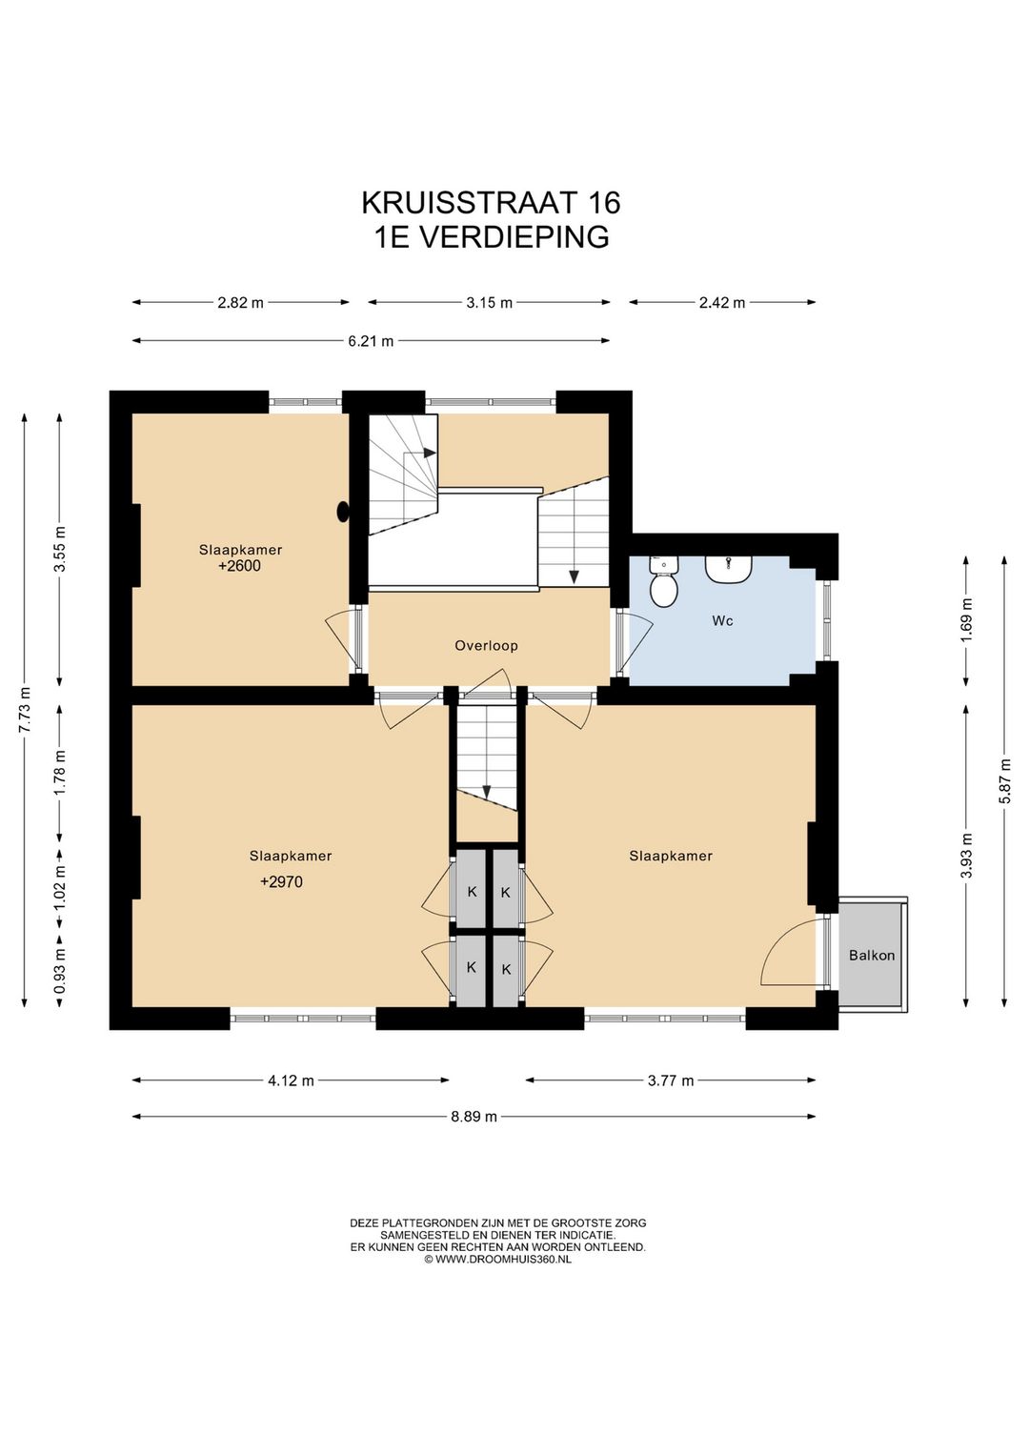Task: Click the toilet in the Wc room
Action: (x=663, y=583)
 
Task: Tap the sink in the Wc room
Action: (x=729, y=569)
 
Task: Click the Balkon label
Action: (x=872, y=956)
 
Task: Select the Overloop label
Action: (x=486, y=646)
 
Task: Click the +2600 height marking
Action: (x=239, y=566)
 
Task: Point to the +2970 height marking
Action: (x=281, y=882)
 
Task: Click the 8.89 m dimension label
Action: (x=474, y=1117)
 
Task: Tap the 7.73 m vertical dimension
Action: (x=25, y=709)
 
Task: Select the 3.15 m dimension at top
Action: (x=489, y=303)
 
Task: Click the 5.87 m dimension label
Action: (x=1004, y=781)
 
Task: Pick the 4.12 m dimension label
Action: (x=291, y=1080)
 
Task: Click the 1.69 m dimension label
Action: (x=967, y=620)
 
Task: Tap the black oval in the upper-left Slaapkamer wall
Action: (x=343, y=513)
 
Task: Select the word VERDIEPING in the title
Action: (x=514, y=237)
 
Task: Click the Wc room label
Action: (x=722, y=621)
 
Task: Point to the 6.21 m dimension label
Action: (x=371, y=341)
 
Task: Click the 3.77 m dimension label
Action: (x=671, y=1080)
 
